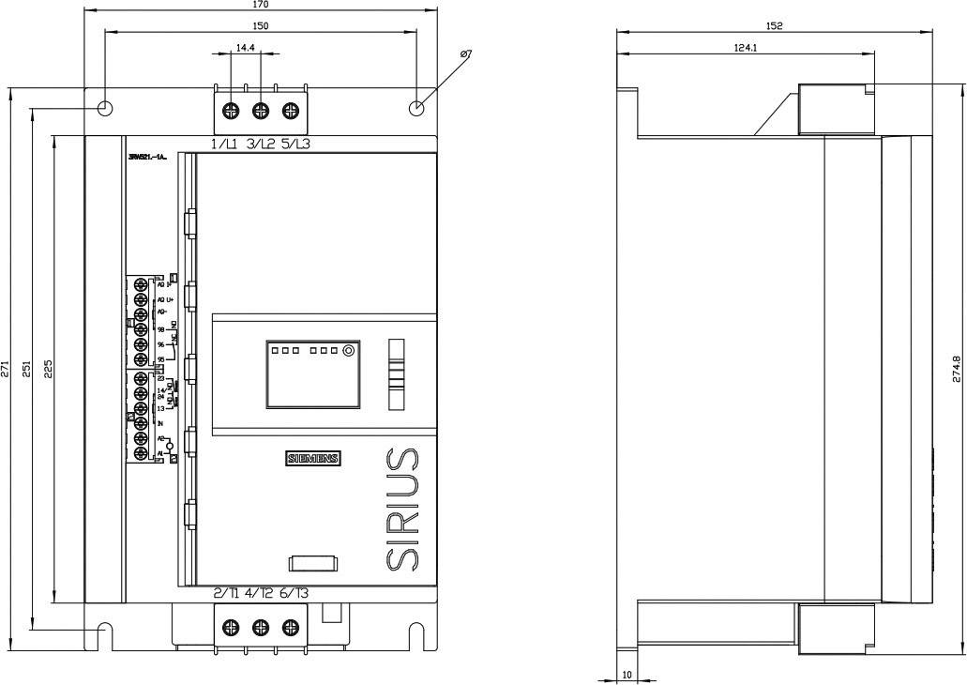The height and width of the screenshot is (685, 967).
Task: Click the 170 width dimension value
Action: pos(262,5)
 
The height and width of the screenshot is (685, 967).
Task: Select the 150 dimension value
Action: pos(262,26)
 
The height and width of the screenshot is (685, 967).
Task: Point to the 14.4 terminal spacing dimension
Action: pos(246,47)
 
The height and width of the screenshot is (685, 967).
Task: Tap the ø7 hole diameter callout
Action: pos(466,55)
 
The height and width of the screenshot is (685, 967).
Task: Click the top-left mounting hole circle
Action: pos(105,108)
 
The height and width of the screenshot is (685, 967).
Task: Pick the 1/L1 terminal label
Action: pos(224,145)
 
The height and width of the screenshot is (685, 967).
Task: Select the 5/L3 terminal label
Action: pos(296,145)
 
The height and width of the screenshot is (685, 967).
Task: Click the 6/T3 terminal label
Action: pos(295,593)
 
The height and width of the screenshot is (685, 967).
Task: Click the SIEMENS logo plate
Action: pos(313,459)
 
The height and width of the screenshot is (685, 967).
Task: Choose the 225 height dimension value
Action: pos(48,368)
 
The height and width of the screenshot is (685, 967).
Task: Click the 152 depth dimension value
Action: pos(775,25)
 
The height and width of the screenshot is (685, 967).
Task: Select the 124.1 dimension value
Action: pos(747,47)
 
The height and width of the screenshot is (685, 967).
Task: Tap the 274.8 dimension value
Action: pos(956,368)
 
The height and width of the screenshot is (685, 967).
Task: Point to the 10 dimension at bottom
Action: pos(627,675)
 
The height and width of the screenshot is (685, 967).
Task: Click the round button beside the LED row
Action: pos(348,351)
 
